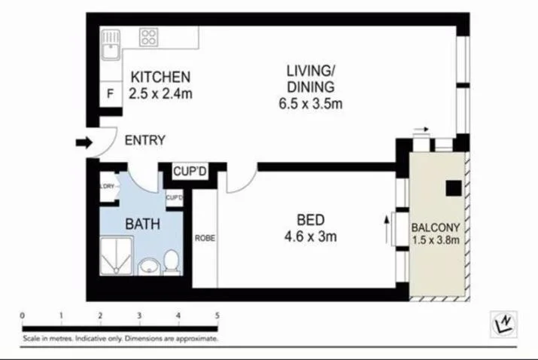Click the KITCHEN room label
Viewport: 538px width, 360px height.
[x=160, y=77]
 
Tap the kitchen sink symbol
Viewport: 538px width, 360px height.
[x=111, y=44]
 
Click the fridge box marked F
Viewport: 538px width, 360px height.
[x=111, y=94]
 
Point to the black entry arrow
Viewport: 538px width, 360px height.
[x=83, y=142]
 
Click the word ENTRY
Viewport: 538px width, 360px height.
[x=144, y=140]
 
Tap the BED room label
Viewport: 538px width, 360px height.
[x=310, y=221]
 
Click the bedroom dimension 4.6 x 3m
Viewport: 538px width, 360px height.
[x=310, y=236]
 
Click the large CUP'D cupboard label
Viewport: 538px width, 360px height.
[x=190, y=172]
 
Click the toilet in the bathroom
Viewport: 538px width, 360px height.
[x=171, y=262]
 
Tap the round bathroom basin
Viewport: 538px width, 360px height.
[x=148, y=267]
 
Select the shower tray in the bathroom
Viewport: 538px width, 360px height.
[x=117, y=256]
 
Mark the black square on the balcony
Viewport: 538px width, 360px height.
[x=453, y=188]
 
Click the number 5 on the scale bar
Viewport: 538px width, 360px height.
[x=217, y=315]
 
